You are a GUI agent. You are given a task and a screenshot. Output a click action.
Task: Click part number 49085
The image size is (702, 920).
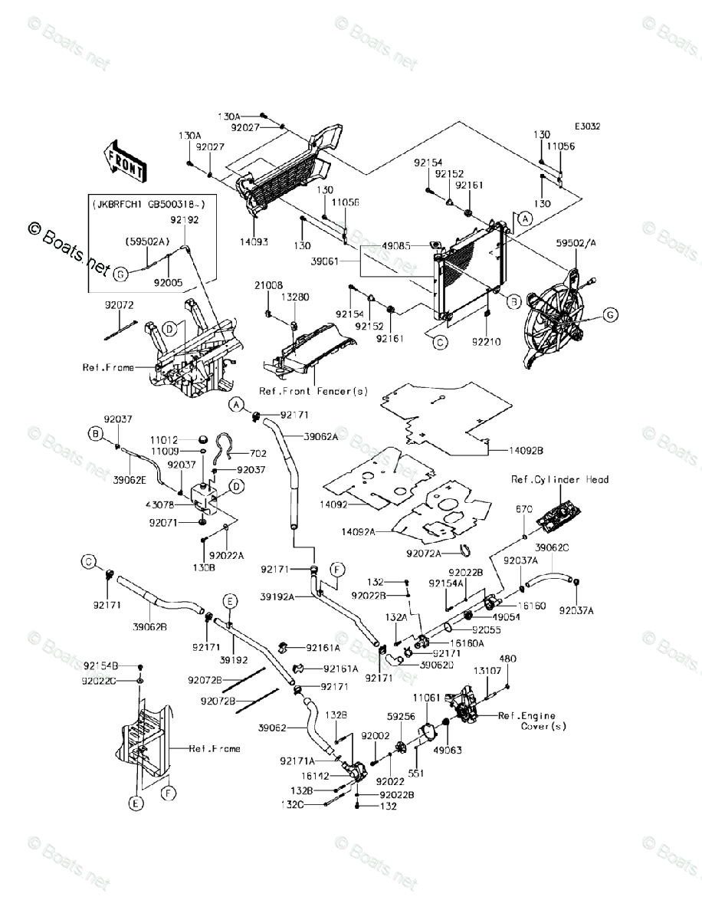(397, 245)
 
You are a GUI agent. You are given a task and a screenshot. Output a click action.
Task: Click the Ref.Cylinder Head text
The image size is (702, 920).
(560, 480)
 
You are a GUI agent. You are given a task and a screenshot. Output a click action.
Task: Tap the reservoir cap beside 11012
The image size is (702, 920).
(202, 440)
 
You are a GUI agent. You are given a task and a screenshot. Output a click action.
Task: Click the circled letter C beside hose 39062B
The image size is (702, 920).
(89, 563)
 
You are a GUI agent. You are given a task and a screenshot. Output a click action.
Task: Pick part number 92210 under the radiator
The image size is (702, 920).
(487, 342)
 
